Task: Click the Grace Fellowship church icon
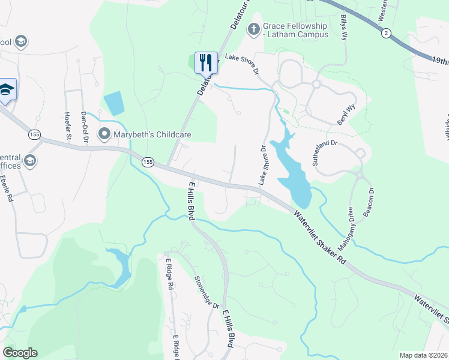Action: click(253, 29)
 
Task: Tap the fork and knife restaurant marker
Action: click(205, 61)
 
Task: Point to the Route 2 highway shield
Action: click(386, 34)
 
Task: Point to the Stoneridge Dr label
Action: click(206, 292)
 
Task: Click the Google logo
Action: click(20, 353)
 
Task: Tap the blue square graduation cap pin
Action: click(7, 89)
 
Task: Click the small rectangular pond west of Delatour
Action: click(113, 103)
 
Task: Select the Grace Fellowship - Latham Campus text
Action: click(296, 30)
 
